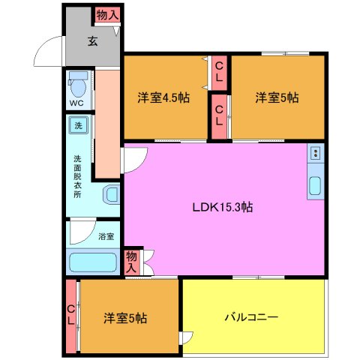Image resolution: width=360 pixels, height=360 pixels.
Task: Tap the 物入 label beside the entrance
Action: click(x=106, y=14)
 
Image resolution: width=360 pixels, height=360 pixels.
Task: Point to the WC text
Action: click(x=76, y=103)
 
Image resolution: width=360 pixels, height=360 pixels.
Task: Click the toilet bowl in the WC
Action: click(x=78, y=84)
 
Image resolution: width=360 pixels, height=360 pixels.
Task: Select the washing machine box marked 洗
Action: click(x=77, y=126)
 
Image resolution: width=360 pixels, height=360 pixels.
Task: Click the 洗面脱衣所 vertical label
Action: click(x=77, y=175)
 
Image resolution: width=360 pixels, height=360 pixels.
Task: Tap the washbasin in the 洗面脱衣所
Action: click(x=111, y=195)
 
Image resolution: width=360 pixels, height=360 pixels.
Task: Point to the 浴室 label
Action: click(x=106, y=236)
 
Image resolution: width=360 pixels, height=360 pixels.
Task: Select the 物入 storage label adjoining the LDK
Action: click(x=132, y=261)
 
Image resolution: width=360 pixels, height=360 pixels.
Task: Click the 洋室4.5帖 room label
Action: click(x=163, y=97)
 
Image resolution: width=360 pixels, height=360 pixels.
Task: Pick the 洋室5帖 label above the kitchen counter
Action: click(x=277, y=97)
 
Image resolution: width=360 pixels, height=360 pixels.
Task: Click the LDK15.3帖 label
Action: click(x=223, y=208)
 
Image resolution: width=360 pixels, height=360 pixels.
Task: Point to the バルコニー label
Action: click(x=251, y=317)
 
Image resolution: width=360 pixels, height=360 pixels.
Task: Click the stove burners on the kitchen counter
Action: click(x=316, y=154)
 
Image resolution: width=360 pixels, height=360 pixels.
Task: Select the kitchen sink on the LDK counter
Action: click(x=315, y=186)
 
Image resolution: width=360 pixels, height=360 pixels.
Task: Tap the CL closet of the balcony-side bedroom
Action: click(x=70, y=315)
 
